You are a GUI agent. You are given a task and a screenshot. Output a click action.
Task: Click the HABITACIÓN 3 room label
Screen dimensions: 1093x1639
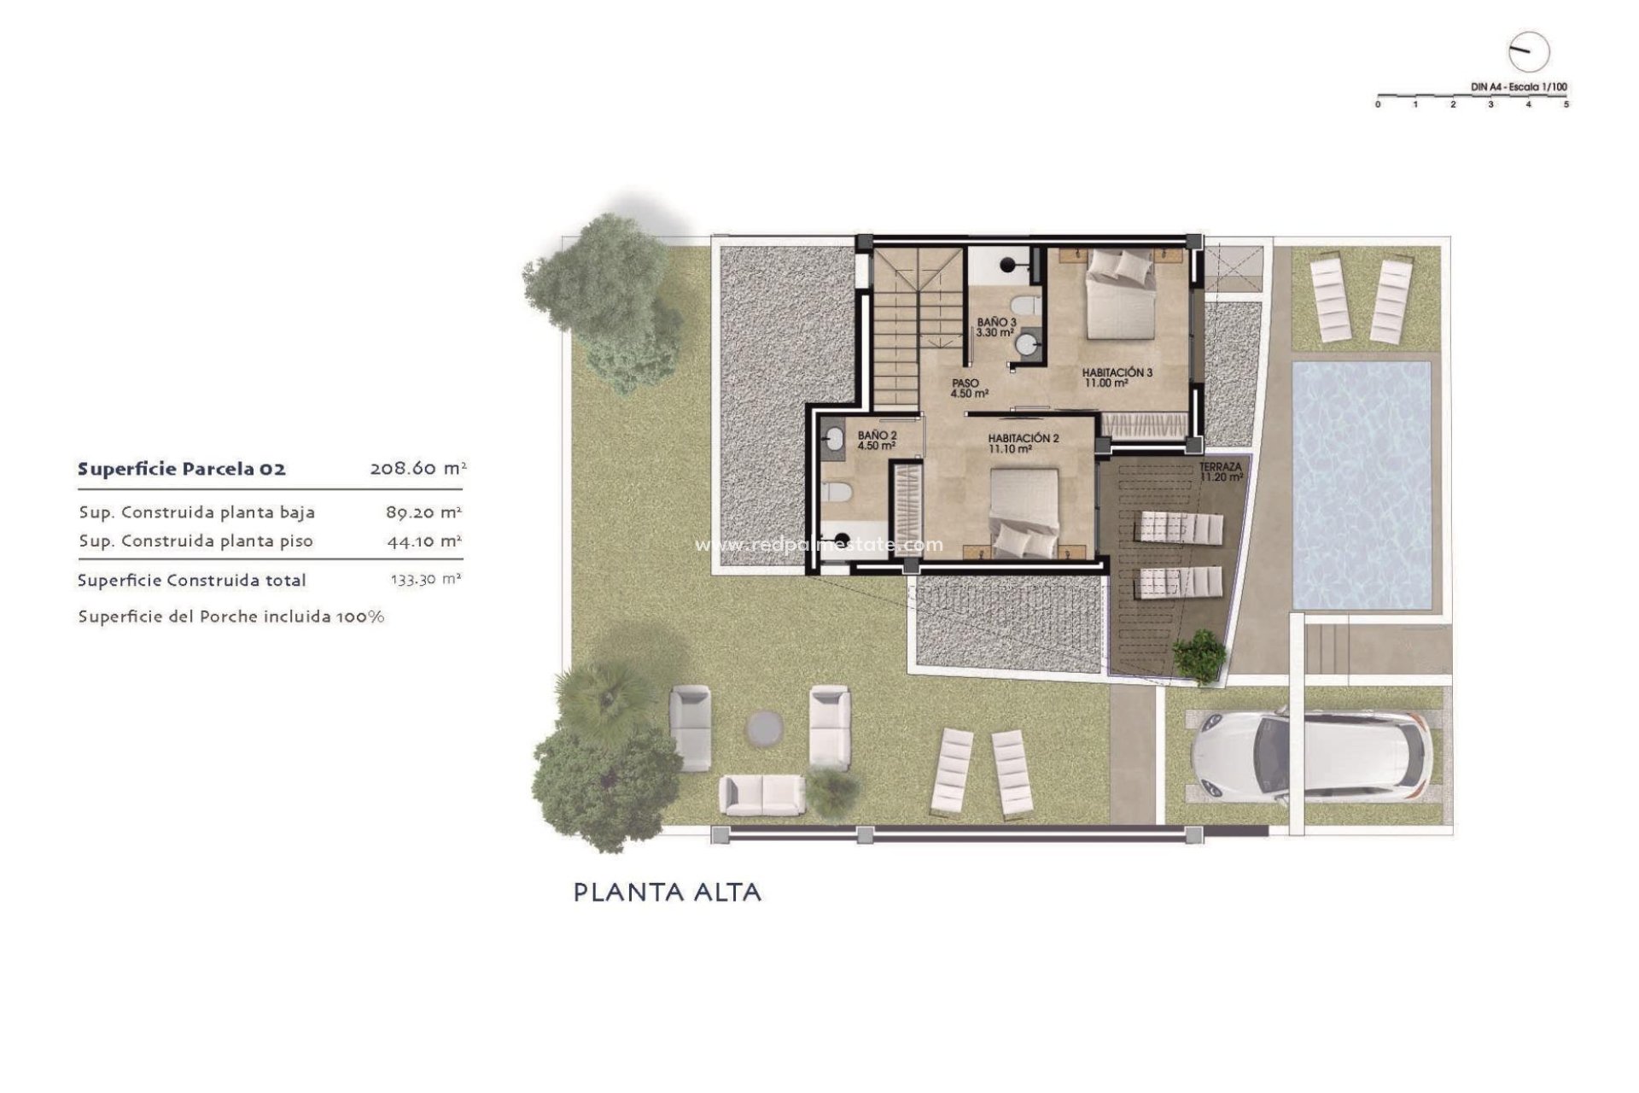pyautogui.click(x=1117, y=373)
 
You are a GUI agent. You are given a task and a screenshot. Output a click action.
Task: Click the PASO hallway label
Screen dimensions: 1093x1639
pyautogui.click(x=965, y=383)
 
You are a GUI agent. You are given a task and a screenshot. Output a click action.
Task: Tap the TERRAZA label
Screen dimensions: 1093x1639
pyautogui.click(x=1220, y=467)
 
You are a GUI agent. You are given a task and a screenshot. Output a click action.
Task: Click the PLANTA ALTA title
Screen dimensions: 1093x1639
pyautogui.click(x=667, y=892)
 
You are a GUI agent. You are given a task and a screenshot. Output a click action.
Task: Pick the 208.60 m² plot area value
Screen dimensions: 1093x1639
pyautogui.click(x=417, y=468)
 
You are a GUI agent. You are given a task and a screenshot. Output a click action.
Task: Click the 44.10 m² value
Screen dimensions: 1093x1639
pyautogui.click(x=423, y=541)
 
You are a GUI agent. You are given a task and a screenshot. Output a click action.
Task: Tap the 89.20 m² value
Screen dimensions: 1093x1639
pyautogui.click(x=423, y=512)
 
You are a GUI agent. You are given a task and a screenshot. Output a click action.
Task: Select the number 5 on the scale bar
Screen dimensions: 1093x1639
pyautogui.click(x=1566, y=104)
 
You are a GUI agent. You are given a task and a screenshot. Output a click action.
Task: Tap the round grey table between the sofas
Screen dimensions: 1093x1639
pyautogui.click(x=765, y=728)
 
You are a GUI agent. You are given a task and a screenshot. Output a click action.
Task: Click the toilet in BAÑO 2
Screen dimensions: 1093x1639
pyautogui.click(x=837, y=493)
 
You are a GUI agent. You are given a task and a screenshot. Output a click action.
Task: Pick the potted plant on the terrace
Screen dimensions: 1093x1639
pyautogui.click(x=1199, y=656)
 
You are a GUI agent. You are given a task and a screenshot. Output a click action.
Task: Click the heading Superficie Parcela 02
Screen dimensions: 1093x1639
pyautogui.click(x=182, y=469)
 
